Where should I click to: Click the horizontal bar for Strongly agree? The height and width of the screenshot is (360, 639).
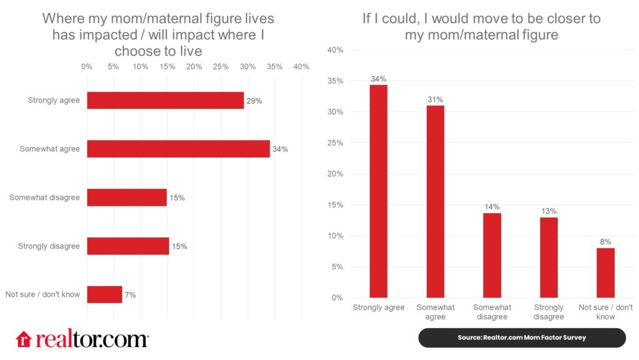click(x=165, y=100)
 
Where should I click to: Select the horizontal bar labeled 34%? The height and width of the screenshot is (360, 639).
click(x=178, y=148)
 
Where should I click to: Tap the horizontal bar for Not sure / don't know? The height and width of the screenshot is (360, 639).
click(x=104, y=294)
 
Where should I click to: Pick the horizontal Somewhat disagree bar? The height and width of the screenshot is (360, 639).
click(x=127, y=197)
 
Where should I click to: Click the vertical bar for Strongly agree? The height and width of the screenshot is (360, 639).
click(x=378, y=191)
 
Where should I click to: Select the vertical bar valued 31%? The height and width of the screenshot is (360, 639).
click(x=435, y=202)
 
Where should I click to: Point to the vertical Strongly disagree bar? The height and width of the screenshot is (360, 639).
click(x=549, y=257)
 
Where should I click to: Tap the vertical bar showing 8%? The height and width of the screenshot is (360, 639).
click(x=605, y=273)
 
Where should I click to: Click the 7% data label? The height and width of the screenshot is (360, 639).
click(x=130, y=294)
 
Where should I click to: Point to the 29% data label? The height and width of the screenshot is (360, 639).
click(x=254, y=100)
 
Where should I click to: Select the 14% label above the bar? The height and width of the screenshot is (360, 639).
click(x=492, y=207)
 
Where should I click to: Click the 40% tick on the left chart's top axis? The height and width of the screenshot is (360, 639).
click(x=301, y=67)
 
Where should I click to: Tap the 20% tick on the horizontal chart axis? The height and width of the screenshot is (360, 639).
click(x=194, y=67)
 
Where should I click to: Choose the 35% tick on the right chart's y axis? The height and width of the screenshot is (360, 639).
click(x=336, y=81)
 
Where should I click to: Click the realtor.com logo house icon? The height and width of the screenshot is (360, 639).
click(x=24, y=339)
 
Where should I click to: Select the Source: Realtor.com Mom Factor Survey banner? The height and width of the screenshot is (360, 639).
click(x=522, y=338)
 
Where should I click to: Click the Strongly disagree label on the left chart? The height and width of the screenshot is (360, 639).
click(x=49, y=246)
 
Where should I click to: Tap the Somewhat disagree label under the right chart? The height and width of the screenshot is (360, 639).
click(x=492, y=312)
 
